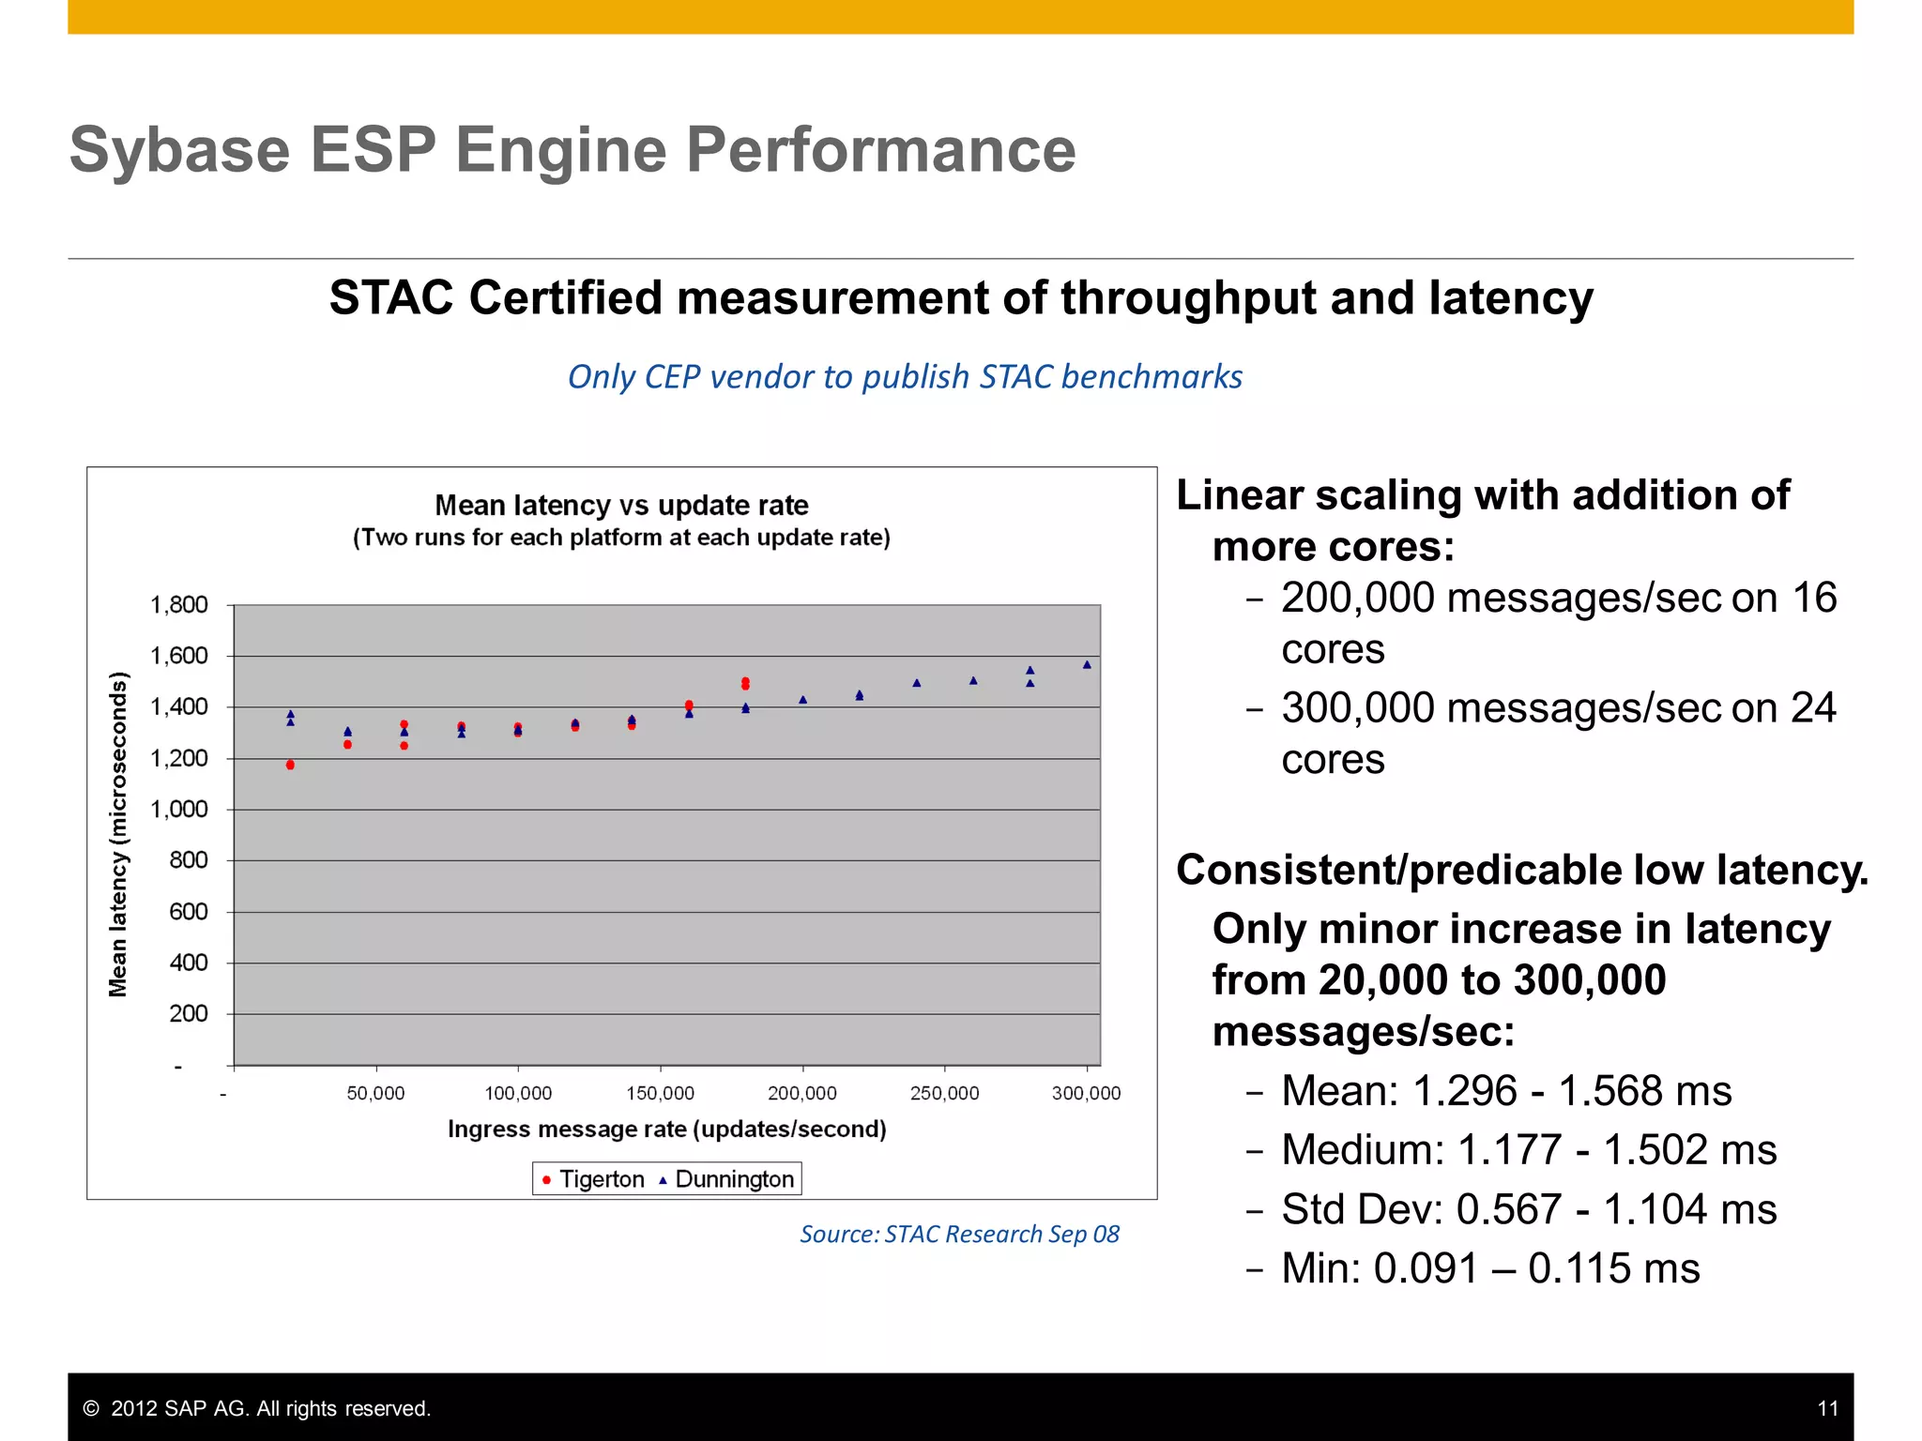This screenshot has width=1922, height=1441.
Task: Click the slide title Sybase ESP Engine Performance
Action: coord(572,150)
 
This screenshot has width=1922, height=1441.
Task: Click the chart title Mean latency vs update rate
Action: coord(621,506)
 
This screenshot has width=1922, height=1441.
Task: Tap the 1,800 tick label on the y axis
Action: coord(179,605)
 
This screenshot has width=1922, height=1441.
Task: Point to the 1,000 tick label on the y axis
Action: coord(179,810)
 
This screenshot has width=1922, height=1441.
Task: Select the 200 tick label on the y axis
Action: coord(188,1014)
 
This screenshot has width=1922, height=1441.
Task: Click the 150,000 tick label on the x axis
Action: coord(660,1094)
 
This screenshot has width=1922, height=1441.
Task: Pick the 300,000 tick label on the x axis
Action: coord(1086,1094)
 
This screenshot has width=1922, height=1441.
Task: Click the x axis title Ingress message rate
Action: coord(666,1130)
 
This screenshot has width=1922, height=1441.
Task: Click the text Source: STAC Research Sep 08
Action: coord(959,1235)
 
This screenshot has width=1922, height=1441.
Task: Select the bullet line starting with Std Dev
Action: coord(1528,1209)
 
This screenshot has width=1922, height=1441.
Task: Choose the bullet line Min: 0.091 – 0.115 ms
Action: coord(1490,1268)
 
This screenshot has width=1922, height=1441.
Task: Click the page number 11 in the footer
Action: coord(1827,1408)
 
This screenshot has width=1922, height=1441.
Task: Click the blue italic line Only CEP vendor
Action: coord(905,377)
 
